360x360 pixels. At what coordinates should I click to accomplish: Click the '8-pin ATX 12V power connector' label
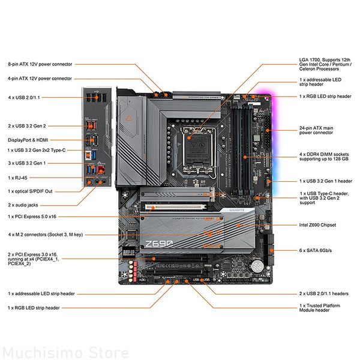40,64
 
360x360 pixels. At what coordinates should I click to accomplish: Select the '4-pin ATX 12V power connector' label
40,79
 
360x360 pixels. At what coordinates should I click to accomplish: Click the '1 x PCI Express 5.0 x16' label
37,216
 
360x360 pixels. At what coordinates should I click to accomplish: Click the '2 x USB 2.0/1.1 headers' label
323,293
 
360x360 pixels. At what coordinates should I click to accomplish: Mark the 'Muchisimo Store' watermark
65,352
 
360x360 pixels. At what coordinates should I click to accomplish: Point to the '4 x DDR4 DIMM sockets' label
324,157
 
